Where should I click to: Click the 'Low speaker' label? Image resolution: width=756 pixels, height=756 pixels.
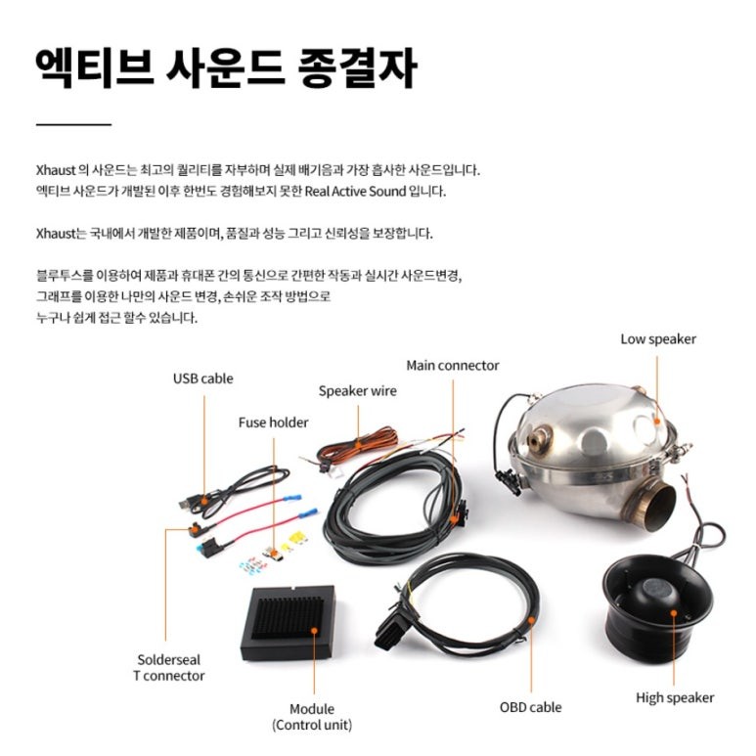coord(658,339)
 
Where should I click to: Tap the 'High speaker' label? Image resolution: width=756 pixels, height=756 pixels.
coord(675,697)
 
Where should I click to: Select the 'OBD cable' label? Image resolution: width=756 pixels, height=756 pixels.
coord(530,706)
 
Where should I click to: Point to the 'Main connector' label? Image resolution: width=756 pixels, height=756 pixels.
coord(453,366)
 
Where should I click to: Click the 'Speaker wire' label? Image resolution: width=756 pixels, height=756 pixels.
coord(357,391)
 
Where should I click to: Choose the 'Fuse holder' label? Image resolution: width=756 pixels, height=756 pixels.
coord(273,422)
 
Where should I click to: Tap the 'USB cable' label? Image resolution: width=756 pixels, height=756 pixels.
coord(203,378)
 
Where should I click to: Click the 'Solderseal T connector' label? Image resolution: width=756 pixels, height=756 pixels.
coord(169,667)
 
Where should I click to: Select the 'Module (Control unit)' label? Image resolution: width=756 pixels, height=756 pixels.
coord(312,716)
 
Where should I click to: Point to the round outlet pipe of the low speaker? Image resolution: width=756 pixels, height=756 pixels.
coord(649,504)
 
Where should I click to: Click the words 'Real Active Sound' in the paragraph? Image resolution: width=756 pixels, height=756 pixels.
coord(359,192)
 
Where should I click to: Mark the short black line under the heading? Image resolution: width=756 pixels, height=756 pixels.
coord(73,124)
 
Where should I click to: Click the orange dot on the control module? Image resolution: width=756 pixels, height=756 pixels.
coord(314,630)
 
